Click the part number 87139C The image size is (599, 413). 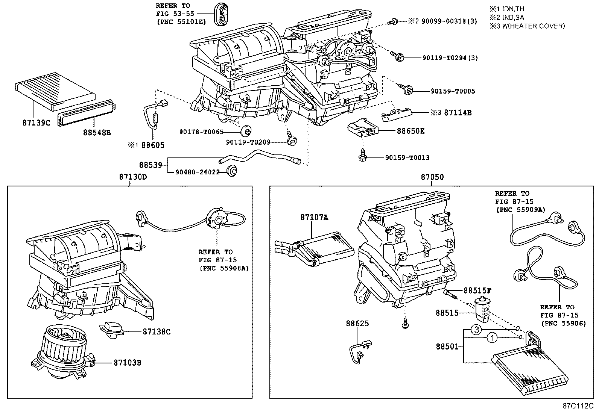coord(33,123)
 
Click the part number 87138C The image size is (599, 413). coord(157,331)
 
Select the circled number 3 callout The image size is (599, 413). coord(476,330)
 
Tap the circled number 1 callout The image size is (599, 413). coord(492,338)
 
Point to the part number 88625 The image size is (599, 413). coord(357,324)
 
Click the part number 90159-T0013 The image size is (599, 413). coord(407,158)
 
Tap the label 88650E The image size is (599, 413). coord(410,131)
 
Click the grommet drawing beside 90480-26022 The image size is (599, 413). coord(233,171)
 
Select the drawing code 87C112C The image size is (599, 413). coord(578,406)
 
